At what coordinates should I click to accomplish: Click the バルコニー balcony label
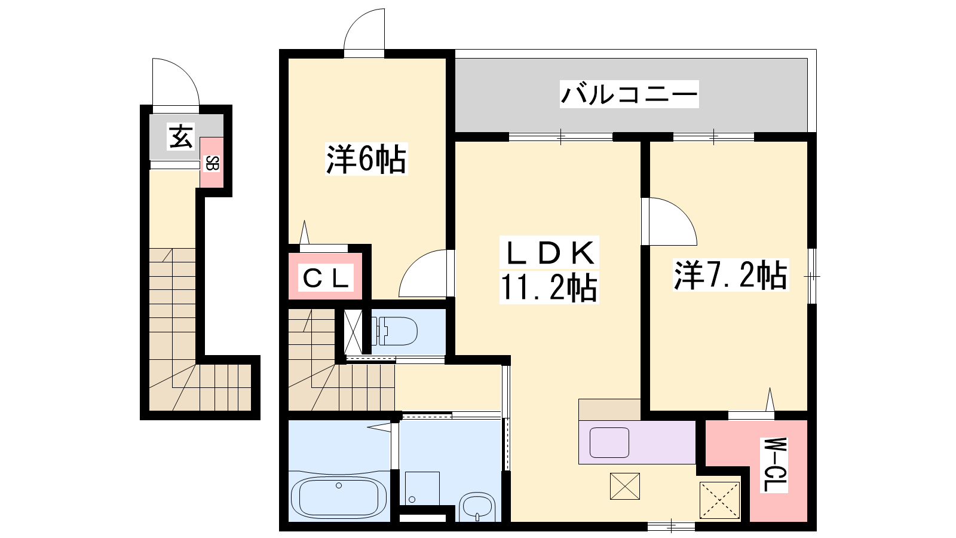pos(629,94)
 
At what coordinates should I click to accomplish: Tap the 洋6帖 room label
pos(366,159)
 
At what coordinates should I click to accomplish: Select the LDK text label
pos(549,253)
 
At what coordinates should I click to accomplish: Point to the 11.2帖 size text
pos(549,288)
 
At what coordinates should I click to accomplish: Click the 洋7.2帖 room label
pos(731,276)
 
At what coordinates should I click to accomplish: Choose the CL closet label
pos(326,279)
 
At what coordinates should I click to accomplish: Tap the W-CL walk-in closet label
pos(773,465)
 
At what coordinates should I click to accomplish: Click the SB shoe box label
pos(212,164)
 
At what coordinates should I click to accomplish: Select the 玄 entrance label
pos(181,136)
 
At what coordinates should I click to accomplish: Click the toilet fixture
pos(394,331)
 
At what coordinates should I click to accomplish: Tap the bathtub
pos(338,497)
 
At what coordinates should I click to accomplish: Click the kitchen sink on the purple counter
pos(609,442)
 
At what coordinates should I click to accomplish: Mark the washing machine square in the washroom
pos(422,488)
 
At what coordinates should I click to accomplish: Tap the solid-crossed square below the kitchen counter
pos(625,486)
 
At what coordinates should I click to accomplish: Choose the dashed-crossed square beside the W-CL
pos(719,500)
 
